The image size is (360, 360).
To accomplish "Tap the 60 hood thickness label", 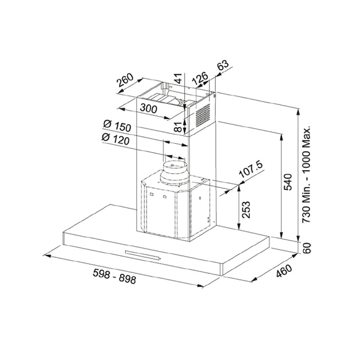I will (x=306, y=248).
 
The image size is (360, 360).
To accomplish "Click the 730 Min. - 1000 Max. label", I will (x=306, y=175).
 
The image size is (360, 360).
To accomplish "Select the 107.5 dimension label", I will (x=251, y=170).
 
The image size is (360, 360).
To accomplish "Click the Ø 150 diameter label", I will (x=116, y=126).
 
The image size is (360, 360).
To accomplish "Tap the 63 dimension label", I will (x=224, y=66).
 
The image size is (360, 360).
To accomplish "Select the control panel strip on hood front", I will (x=143, y=255).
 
